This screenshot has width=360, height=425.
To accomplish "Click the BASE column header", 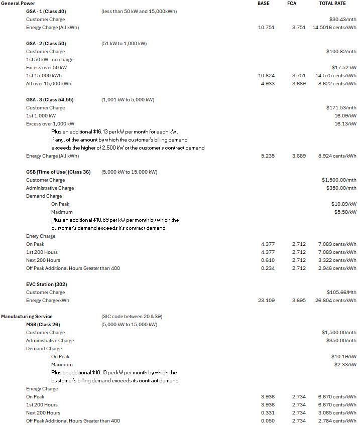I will tap(263, 4).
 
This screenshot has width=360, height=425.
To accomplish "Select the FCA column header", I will tap(291, 4).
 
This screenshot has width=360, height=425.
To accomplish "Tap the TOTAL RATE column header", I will tap(332, 4).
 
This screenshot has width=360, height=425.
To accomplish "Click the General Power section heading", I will tap(18, 4).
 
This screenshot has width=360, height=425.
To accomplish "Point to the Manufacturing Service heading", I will tap(27, 317).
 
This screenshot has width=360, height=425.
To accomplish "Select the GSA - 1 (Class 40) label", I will tap(46, 12).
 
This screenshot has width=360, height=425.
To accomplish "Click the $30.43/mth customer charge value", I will tap(341, 20).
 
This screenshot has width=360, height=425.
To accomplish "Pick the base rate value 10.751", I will tap(266, 28).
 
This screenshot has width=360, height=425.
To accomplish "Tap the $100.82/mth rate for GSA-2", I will tap(341, 52).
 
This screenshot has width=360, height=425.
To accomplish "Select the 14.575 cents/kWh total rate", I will tap(336, 76).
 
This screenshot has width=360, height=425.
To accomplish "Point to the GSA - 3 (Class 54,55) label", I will tap(50, 100).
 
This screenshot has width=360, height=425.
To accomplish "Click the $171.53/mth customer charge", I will tap(341, 108).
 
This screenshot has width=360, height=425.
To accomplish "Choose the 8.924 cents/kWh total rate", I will tap(337, 156).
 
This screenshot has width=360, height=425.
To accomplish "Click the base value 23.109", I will tap(266, 301).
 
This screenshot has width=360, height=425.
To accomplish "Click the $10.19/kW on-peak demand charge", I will tap(344, 357).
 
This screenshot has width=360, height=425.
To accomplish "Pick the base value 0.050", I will tap(268, 421).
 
